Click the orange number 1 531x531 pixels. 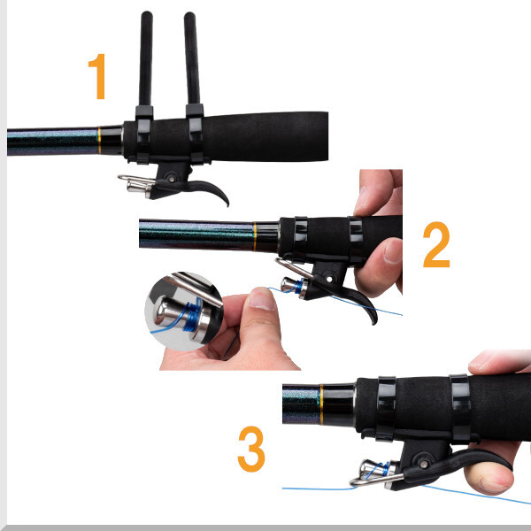coord(98,76)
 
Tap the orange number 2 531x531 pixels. coord(436,244)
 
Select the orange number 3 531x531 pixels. coord(251,449)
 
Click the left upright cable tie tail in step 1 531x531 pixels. coord(146,58)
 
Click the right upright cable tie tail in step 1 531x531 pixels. coord(192,58)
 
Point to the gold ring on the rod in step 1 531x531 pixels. coord(99,140)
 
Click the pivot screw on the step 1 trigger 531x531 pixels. coord(172,178)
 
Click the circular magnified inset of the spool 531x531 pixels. coord(184,312)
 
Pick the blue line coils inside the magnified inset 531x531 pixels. coord(192,316)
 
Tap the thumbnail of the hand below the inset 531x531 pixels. coord(261,300)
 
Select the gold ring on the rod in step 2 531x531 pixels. coord(255,236)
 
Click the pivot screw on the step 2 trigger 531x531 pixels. coord(329,279)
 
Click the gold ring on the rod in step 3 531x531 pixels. coord(322,404)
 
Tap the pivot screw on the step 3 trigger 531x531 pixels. coord(424,464)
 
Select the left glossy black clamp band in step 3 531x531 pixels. coord(386,408)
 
